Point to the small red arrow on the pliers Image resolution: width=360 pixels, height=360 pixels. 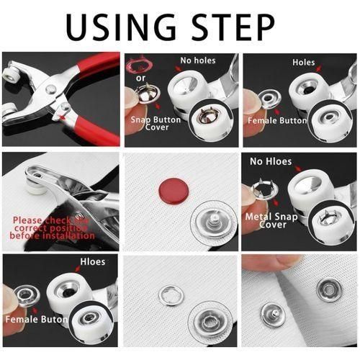pos(66,112)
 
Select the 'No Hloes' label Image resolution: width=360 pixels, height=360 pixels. pos(270,162)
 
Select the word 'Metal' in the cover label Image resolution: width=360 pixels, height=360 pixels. pos(258,215)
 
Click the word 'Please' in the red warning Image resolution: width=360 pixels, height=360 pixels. pos(27,220)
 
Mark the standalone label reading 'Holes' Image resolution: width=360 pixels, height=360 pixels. pos(304,63)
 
